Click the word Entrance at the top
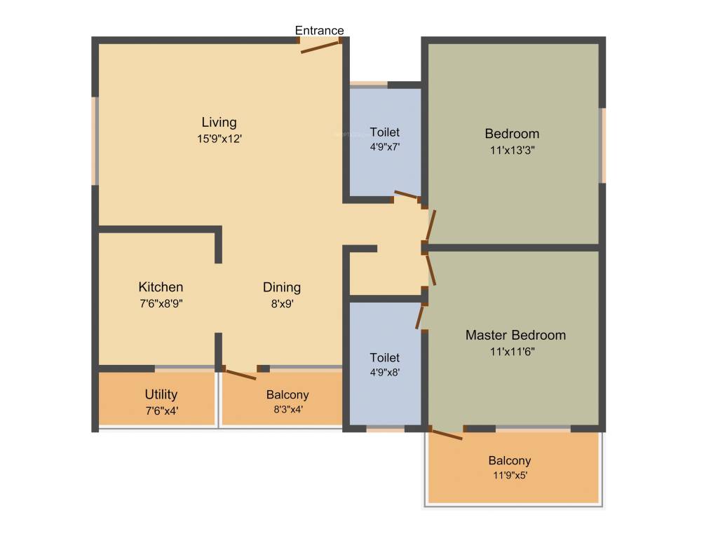click(x=319, y=30)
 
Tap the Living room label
click(x=219, y=123)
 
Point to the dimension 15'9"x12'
click(x=219, y=139)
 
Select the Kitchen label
click(x=161, y=287)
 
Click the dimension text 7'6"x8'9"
click(x=161, y=303)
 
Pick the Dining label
click(x=282, y=287)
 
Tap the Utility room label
click(x=161, y=394)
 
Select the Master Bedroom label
click(x=515, y=335)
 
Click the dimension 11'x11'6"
click(x=515, y=352)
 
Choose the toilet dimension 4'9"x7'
click(x=385, y=147)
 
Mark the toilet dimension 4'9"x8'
click(x=385, y=373)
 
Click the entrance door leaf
click(x=320, y=46)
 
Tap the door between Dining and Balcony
click(x=240, y=373)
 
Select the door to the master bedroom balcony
click(x=446, y=434)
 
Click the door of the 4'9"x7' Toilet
click(x=407, y=195)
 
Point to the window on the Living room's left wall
click(x=95, y=141)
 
